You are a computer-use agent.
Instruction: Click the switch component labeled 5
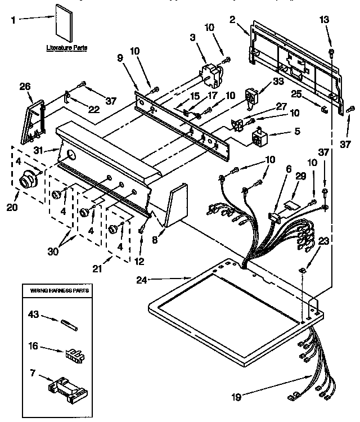coord(260,137)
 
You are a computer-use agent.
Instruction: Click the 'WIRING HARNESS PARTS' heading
coord(56,290)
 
